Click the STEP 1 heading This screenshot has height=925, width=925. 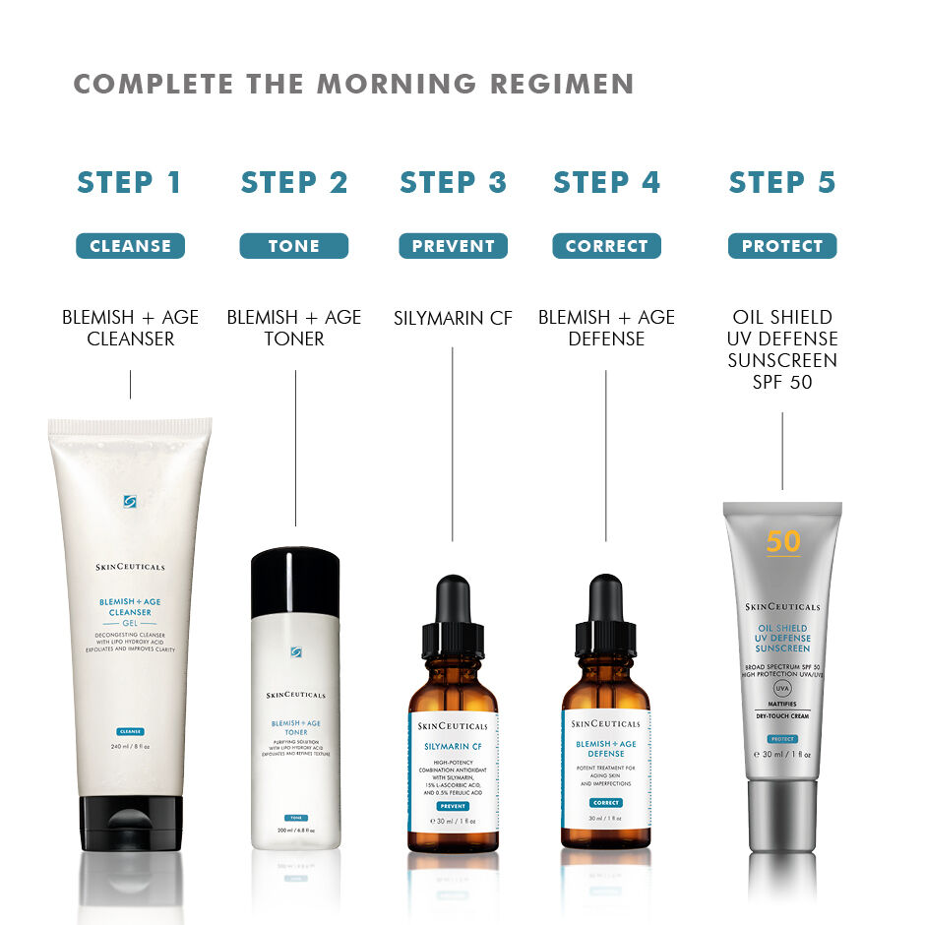pyautogui.click(x=130, y=183)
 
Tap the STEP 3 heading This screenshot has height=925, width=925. pyautogui.click(x=453, y=183)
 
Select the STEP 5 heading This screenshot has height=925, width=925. pyautogui.click(x=782, y=183)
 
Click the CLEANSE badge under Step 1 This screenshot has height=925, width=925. pyautogui.click(x=130, y=246)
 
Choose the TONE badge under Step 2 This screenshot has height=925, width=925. pyautogui.click(x=294, y=246)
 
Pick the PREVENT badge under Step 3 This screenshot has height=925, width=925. pyautogui.click(x=453, y=246)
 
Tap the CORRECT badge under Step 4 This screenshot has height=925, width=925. pyautogui.click(x=606, y=246)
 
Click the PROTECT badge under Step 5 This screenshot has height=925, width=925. pyautogui.click(x=782, y=246)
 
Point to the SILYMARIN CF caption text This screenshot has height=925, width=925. pyautogui.click(x=453, y=318)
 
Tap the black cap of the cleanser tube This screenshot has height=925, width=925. pyautogui.click(x=130, y=822)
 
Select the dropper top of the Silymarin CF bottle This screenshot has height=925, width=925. pyautogui.click(x=453, y=615)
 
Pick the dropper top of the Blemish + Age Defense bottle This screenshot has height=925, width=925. pyautogui.click(x=606, y=615)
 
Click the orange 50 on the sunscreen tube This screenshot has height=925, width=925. pyautogui.click(x=783, y=542)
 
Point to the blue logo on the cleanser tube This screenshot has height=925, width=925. pyautogui.click(x=130, y=502)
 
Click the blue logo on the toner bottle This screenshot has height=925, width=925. pyautogui.click(x=295, y=651)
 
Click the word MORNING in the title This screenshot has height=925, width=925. pyautogui.click(x=392, y=85)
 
